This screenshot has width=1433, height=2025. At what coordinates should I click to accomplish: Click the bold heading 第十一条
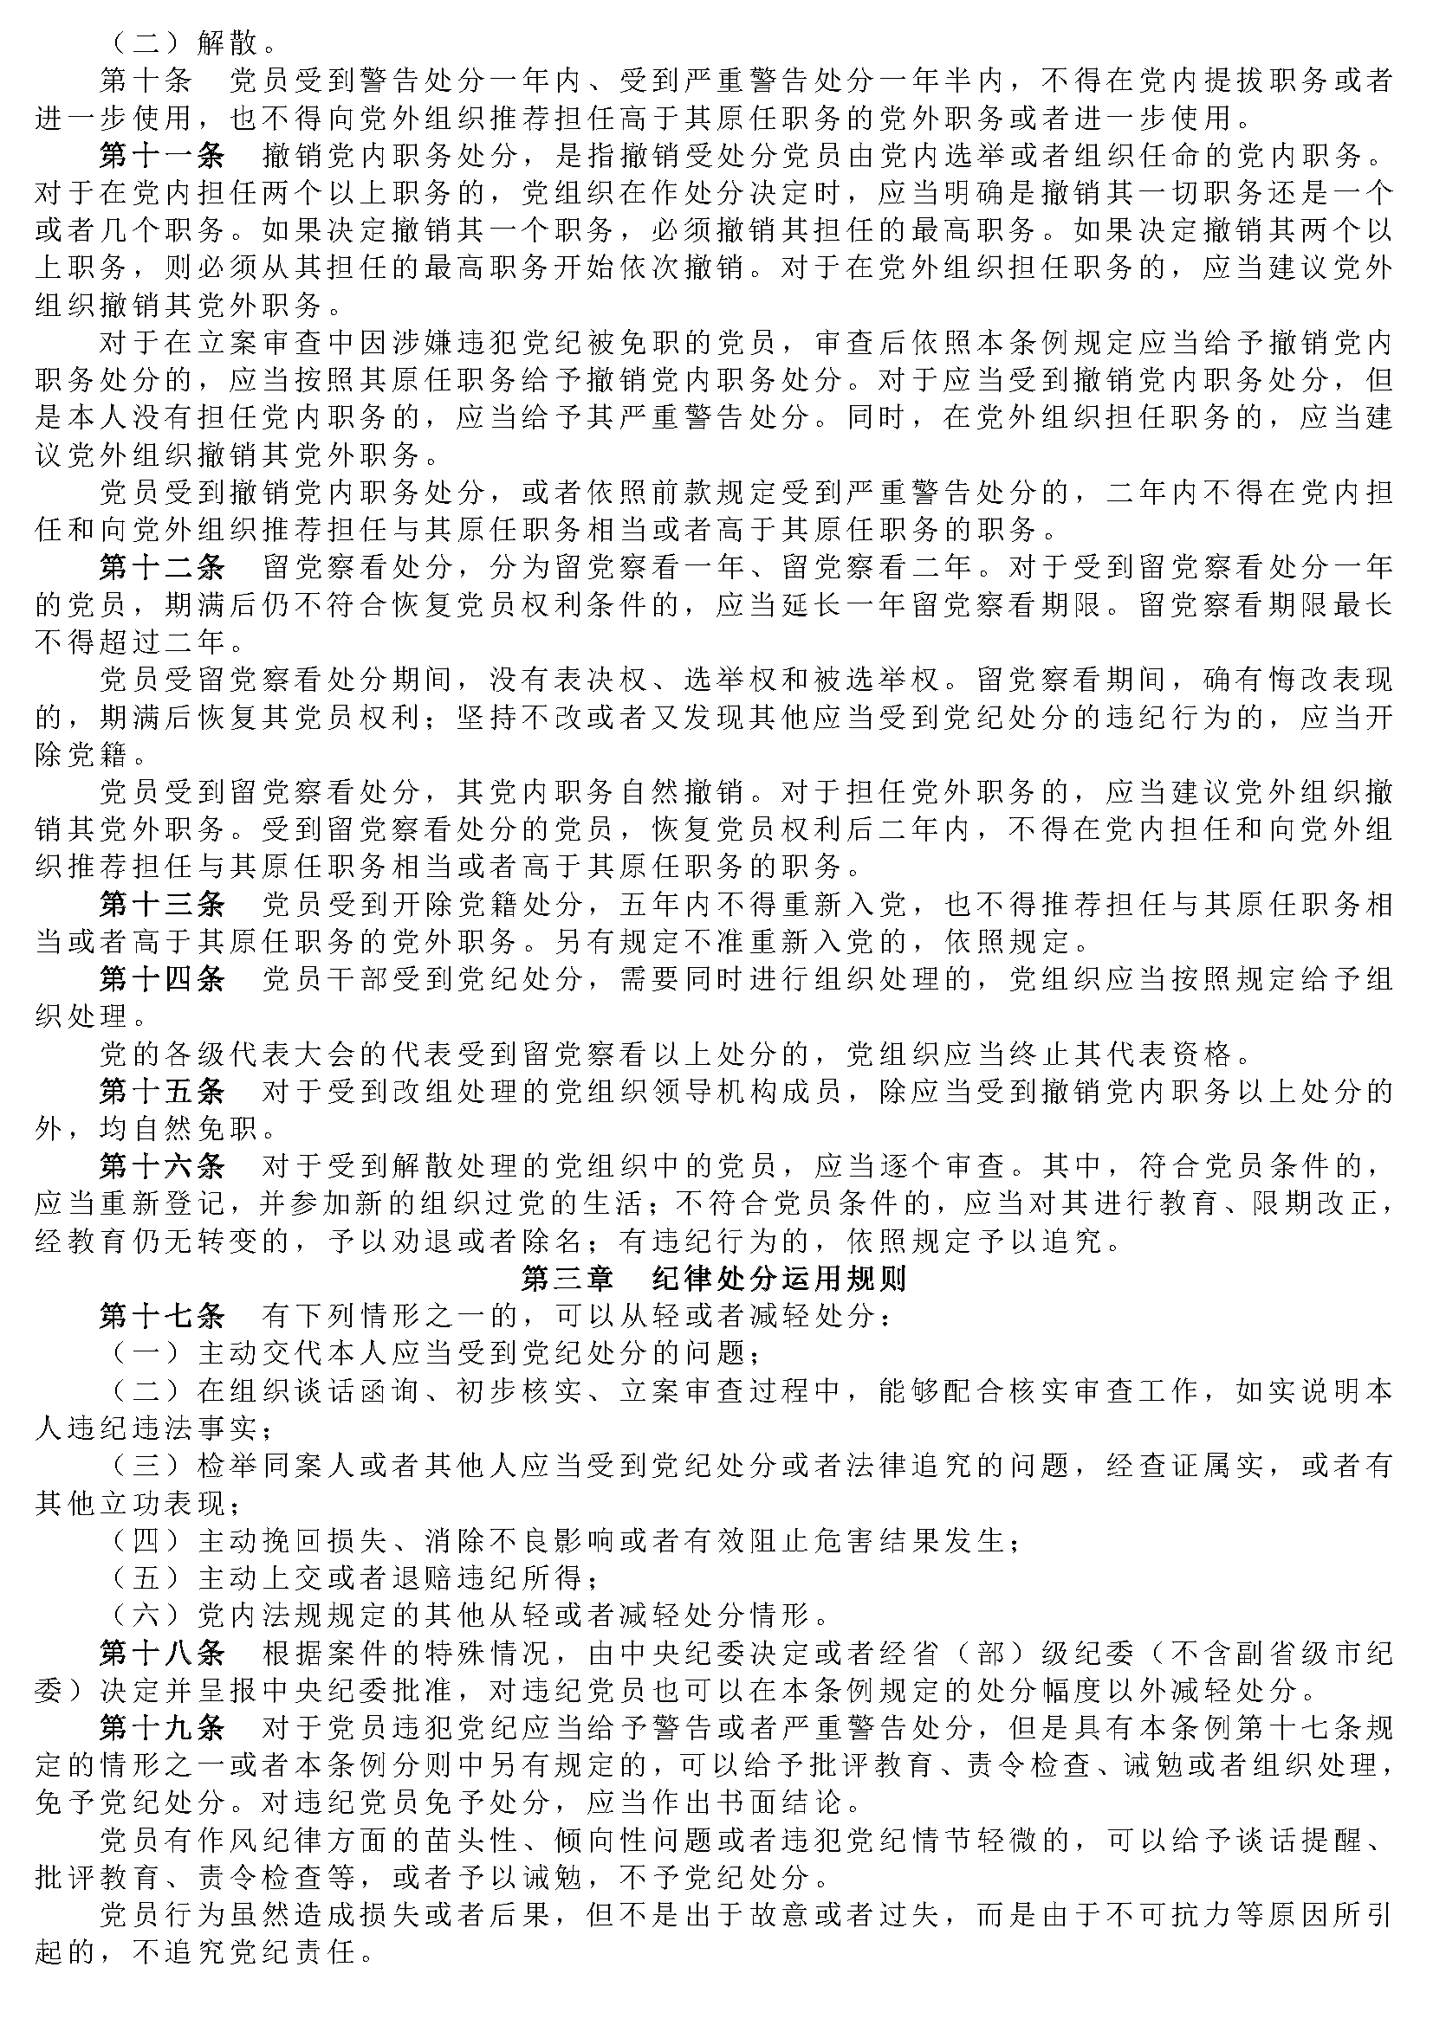click(x=162, y=155)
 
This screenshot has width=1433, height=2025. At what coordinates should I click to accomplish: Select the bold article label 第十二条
click(x=162, y=565)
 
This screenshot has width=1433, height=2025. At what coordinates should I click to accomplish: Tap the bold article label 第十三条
click(x=162, y=903)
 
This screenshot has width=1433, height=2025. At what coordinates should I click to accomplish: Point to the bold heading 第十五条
click(x=162, y=1091)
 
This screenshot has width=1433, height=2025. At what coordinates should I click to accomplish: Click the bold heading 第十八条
click(x=162, y=1652)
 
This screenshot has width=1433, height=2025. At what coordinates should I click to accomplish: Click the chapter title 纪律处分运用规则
click(x=779, y=1279)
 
